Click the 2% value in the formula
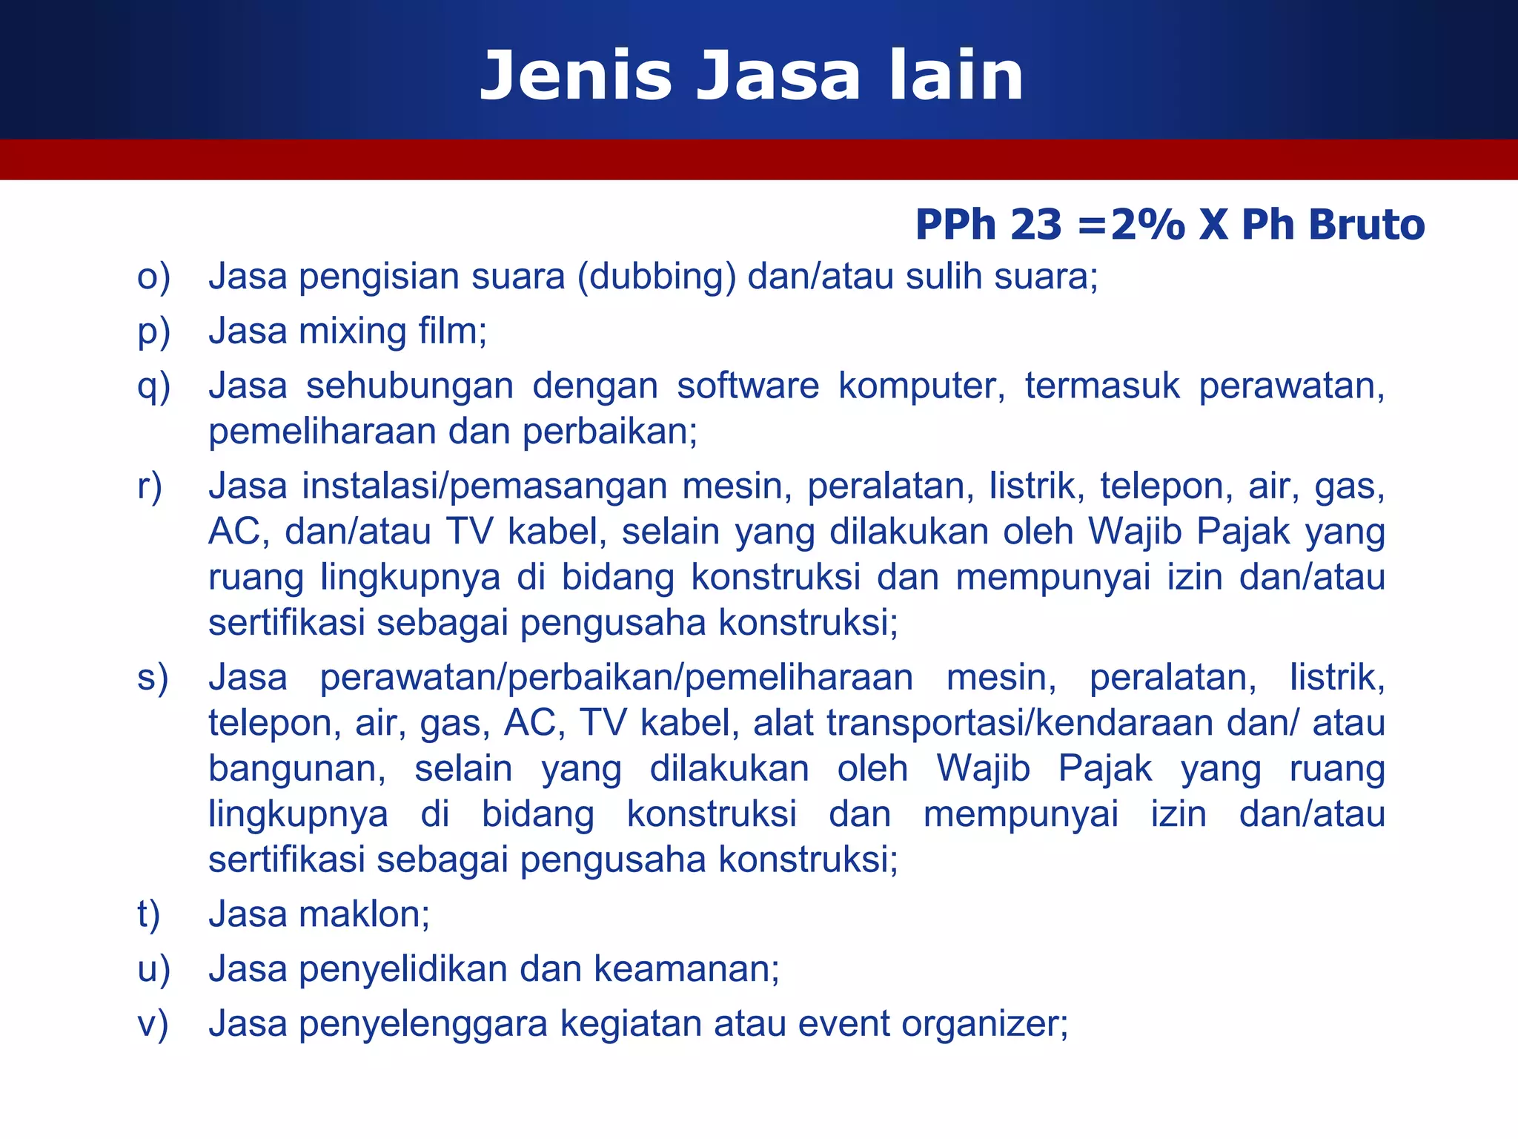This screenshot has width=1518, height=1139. coord(1147,225)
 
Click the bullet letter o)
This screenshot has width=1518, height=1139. coord(153,277)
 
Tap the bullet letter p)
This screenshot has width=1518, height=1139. coord(153,332)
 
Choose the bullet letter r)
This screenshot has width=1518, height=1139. coord(150,487)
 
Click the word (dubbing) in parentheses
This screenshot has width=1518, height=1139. coord(656,277)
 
